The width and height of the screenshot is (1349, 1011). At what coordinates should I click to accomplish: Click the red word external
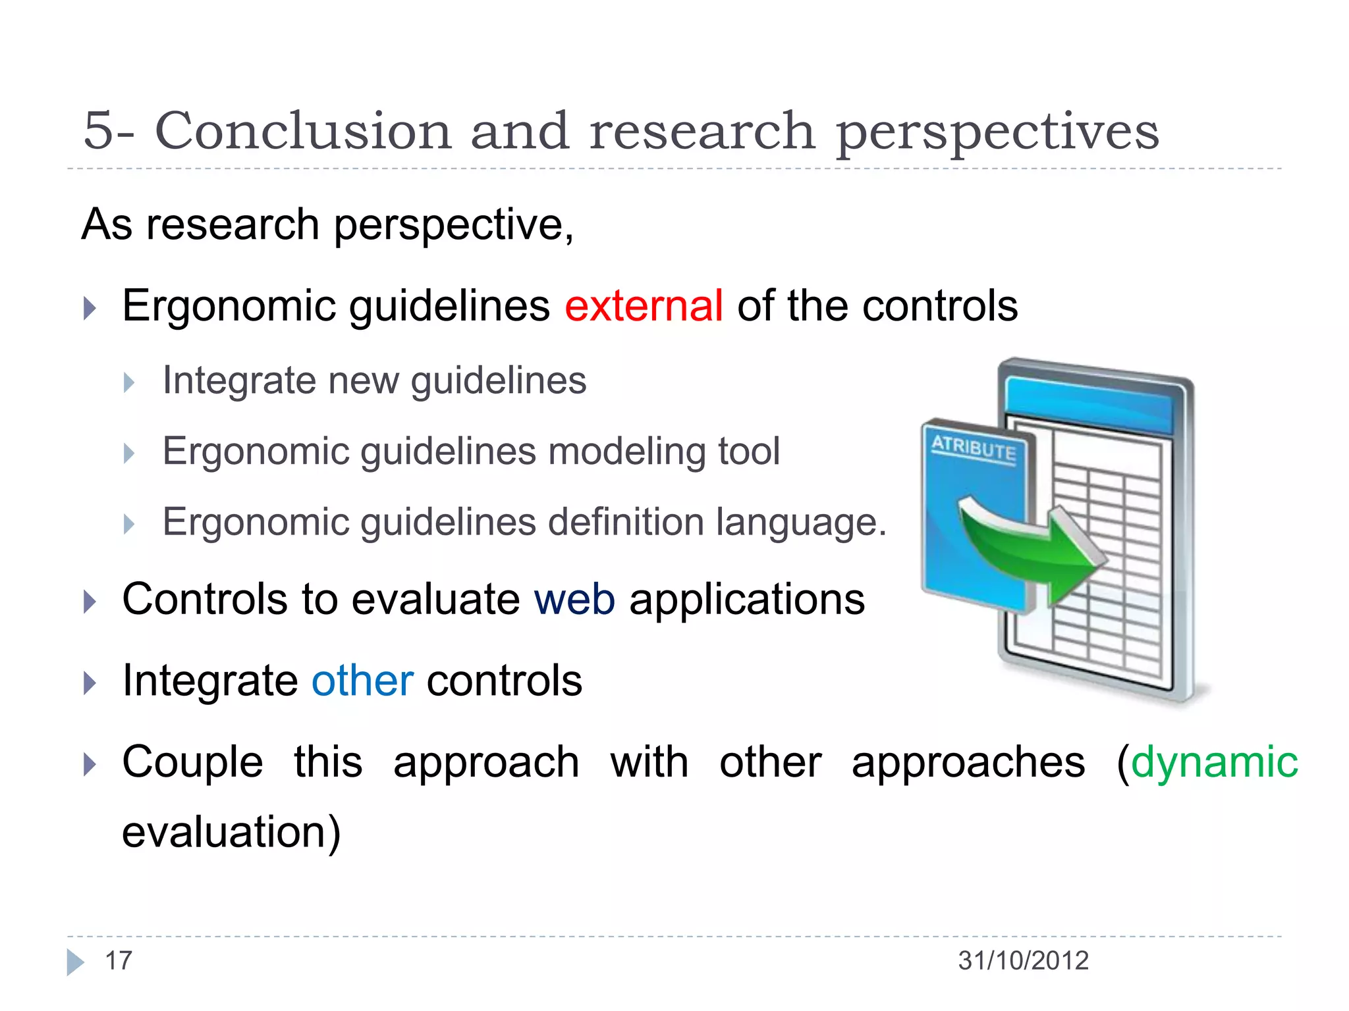coord(644,306)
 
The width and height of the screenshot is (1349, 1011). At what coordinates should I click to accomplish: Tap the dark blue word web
coord(574,600)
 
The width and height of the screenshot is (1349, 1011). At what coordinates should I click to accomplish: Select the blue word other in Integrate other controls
coord(362,681)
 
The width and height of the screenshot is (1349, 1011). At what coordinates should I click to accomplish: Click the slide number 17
coord(119,961)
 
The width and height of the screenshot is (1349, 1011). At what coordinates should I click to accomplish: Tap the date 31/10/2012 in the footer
coord(1023,961)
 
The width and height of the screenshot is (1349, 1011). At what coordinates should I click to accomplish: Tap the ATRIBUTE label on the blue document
coord(974,449)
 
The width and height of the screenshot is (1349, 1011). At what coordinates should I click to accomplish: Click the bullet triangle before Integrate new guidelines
coord(129,382)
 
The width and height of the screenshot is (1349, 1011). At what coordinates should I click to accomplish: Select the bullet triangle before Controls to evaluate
coord(90,601)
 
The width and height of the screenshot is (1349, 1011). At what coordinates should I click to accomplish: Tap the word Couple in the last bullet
coord(192,762)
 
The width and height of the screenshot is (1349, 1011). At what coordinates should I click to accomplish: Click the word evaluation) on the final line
coord(231,833)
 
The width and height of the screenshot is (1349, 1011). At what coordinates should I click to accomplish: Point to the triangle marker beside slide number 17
coord(75,962)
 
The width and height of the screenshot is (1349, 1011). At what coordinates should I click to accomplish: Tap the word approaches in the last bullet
coord(968,762)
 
